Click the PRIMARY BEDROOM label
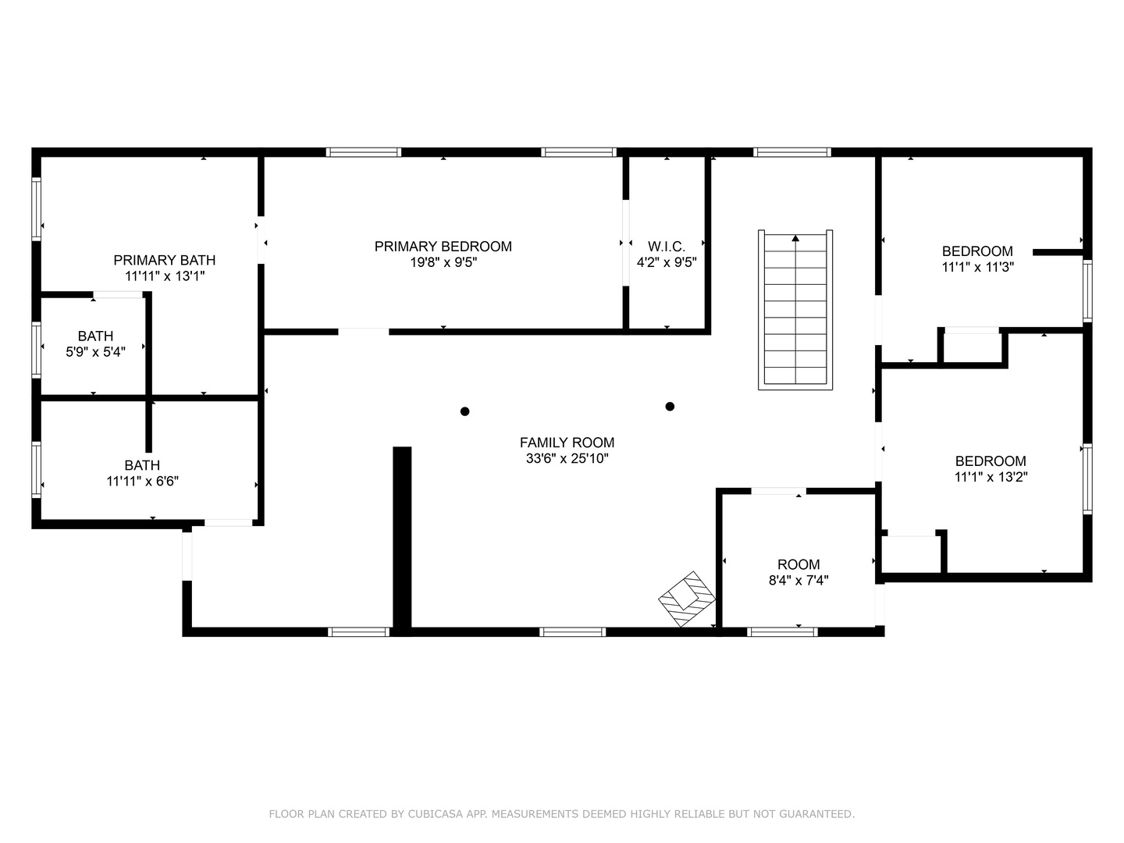tap(443, 247)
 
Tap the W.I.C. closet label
tap(667, 247)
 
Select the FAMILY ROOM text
tap(567, 443)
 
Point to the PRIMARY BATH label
tap(165, 260)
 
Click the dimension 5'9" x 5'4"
tap(96, 351)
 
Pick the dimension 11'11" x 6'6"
tap(142, 481)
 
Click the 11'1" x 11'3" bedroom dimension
tap(977, 267)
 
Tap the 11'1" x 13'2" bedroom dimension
tap(991, 476)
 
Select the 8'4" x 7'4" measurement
tap(799, 580)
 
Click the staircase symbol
tap(795, 310)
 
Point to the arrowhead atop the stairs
tap(795, 238)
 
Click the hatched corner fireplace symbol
tap(687, 599)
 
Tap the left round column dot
tap(465, 411)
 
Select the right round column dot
tap(670, 407)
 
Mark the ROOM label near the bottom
tap(799, 564)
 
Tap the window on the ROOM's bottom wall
tap(782, 631)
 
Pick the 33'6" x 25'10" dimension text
tap(567, 458)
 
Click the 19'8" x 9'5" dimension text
tap(443, 262)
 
